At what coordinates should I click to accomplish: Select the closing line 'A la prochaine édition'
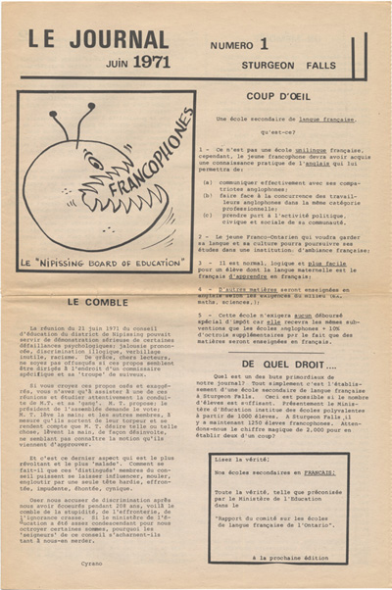294,557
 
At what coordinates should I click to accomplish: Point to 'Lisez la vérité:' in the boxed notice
241,459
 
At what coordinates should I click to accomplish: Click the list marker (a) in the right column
207,181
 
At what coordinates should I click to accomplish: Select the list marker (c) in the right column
207,211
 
